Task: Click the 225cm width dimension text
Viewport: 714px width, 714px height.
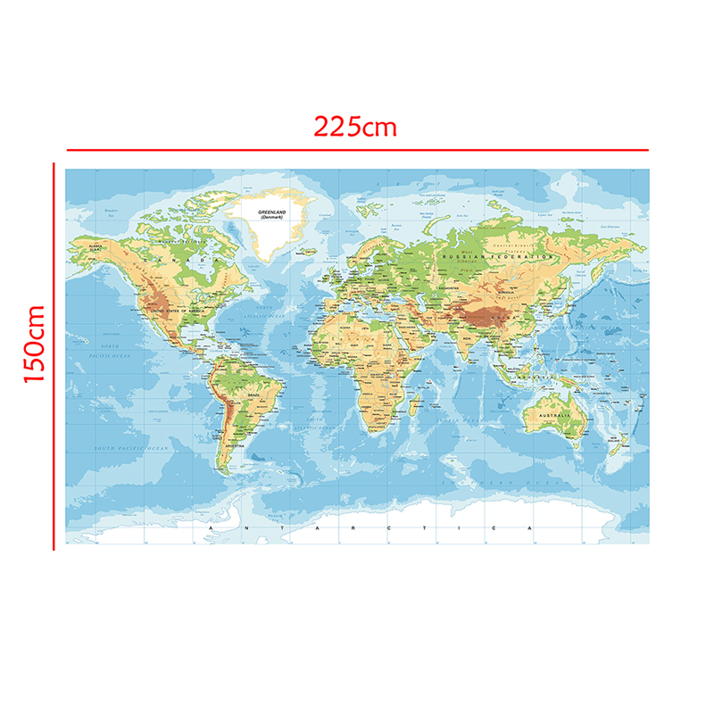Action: coord(354,126)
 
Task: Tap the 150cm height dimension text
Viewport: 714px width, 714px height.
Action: coord(34,344)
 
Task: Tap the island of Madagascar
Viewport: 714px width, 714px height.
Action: coord(412,408)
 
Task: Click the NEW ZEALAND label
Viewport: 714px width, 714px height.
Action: coord(615,440)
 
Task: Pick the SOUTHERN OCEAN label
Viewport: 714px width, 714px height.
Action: coord(500,482)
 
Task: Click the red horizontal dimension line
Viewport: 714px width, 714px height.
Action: coord(357,150)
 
